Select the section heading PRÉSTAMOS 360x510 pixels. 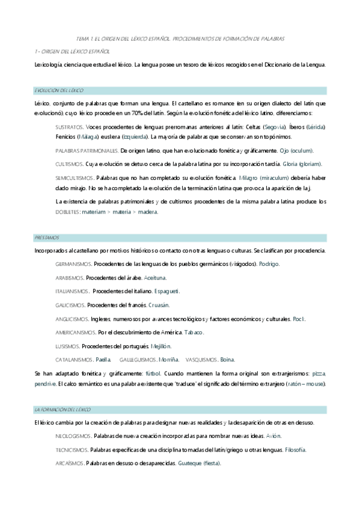pos(47,238)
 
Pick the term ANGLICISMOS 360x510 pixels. pos(72,319)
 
